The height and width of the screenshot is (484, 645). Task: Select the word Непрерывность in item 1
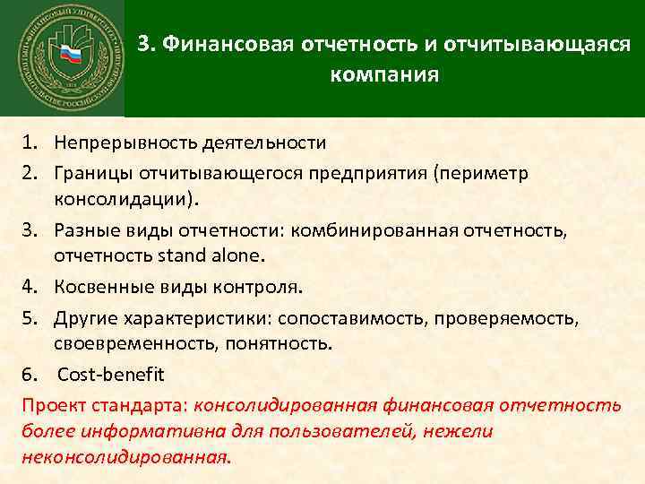pos(112,143)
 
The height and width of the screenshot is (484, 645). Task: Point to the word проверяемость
pos(491,318)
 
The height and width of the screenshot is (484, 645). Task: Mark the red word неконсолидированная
pos(124,456)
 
